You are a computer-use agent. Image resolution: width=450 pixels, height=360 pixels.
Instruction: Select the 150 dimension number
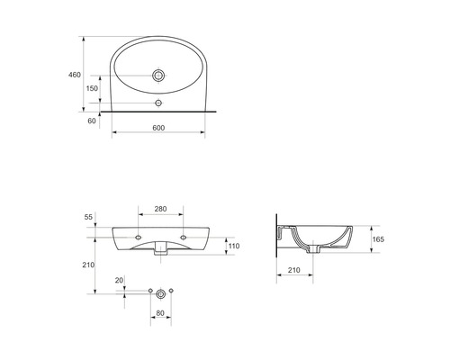coord(92,89)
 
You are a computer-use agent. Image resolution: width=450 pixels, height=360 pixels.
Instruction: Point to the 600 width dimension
coord(157,129)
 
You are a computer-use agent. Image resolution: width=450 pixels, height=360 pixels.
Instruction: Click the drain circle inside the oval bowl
coord(158,76)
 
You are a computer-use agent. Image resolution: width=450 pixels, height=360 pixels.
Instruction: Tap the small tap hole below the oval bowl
coord(158,103)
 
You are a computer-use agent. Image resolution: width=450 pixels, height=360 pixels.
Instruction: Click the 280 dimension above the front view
coord(161,210)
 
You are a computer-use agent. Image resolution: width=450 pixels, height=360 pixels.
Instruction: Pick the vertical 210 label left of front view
coord(88,265)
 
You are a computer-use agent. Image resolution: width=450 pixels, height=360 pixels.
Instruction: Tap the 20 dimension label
coord(119,281)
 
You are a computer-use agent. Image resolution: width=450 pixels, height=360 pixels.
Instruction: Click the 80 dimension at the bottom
coord(161,313)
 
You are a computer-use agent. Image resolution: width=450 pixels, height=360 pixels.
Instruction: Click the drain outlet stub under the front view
coord(161,253)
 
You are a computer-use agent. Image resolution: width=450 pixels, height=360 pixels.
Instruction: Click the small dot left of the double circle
coord(149,292)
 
